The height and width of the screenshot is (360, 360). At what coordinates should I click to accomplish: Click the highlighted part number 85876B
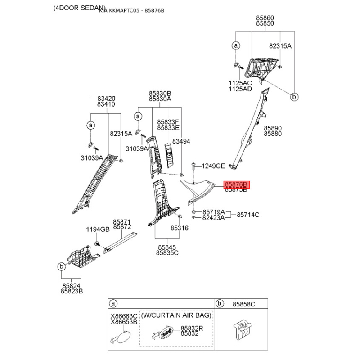(236, 184)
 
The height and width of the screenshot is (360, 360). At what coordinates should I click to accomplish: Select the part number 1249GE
(213, 166)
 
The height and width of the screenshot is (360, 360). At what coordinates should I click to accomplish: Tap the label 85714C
(248, 215)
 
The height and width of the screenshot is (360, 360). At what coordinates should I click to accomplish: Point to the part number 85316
(179, 228)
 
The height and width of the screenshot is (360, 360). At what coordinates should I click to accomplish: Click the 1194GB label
(98, 229)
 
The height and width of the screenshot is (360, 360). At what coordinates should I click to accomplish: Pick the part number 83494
(181, 141)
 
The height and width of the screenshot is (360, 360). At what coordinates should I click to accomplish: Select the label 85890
(273, 128)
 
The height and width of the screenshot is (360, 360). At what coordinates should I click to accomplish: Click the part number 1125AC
(240, 83)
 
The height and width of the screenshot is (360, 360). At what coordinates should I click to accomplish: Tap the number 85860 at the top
(265, 18)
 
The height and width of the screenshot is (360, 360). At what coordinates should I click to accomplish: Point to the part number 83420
(106, 98)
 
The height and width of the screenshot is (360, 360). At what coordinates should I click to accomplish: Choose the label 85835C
(167, 253)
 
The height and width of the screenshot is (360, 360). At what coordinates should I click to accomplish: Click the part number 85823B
(72, 292)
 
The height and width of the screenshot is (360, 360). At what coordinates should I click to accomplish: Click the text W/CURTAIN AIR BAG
(176, 315)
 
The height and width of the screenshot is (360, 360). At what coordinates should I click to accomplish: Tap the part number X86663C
(124, 316)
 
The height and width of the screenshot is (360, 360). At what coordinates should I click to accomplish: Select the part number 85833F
(168, 122)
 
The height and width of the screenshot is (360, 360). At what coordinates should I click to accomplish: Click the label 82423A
(213, 217)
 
